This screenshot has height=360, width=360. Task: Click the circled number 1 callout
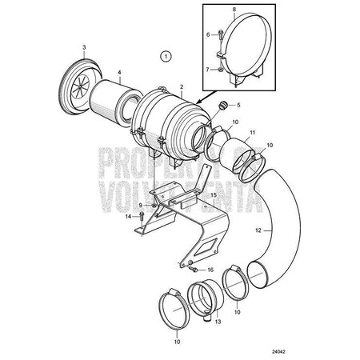coord(165,56)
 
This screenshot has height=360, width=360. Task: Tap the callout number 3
coord(82,48)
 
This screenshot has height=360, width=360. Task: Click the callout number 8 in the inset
coord(233,8)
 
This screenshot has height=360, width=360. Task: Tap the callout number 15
coord(213,194)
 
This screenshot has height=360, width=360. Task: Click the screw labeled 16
coord(192,270)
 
